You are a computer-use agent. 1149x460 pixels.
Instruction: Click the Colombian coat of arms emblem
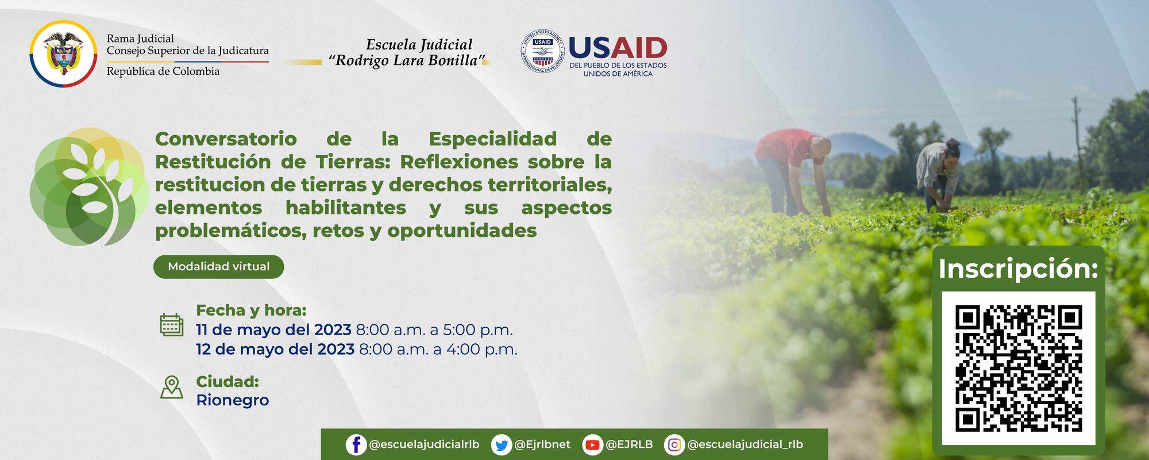[x=63, y=53]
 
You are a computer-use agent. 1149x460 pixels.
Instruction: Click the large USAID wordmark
[x=617, y=48]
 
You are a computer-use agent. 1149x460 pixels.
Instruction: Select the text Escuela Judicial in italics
[x=419, y=45]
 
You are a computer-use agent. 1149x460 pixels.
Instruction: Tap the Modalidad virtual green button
[x=218, y=267]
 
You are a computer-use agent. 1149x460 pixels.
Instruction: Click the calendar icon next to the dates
[x=171, y=325]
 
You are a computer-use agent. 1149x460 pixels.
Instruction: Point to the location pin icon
[x=171, y=387]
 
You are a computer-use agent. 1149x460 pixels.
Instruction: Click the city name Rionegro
[x=232, y=400]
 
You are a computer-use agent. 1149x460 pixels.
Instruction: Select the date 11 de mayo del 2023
[x=273, y=330]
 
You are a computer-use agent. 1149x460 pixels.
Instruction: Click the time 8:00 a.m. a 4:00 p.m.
[x=438, y=350]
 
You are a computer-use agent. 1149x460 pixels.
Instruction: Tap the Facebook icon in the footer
[x=356, y=444]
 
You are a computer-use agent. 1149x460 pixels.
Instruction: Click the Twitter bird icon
[x=502, y=444]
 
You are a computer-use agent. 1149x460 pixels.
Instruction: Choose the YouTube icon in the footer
[x=592, y=444]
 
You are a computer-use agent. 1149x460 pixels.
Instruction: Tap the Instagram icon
[x=674, y=444]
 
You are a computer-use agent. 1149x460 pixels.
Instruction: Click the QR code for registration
[x=1018, y=369]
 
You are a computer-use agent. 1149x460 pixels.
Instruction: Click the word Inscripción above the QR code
[x=1018, y=269]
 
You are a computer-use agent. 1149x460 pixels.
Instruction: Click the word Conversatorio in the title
[x=226, y=139]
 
